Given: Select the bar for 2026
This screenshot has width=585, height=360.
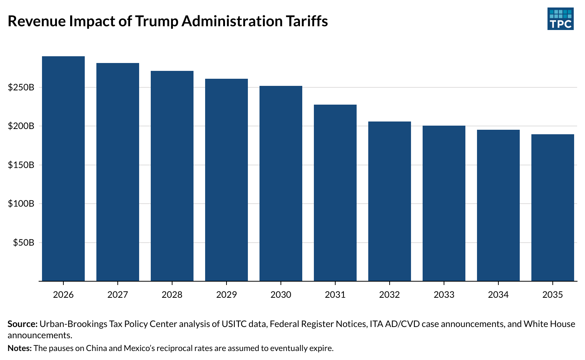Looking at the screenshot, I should pyautogui.click(x=63, y=169).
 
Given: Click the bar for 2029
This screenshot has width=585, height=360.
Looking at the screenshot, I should pyautogui.click(x=226, y=180).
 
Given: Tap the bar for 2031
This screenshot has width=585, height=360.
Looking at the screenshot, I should pyautogui.click(x=335, y=193).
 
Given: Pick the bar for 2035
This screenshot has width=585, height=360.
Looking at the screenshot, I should pyautogui.click(x=553, y=208).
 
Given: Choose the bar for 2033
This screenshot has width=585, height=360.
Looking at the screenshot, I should pyautogui.click(x=444, y=203).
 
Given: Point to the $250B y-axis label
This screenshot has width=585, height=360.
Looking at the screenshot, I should pyautogui.click(x=21, y=87).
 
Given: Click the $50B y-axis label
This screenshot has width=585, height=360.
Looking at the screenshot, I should pyautogui.click(x=24, y=243).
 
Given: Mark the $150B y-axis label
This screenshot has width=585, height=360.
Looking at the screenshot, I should pyautogui.click(x=21, y=165).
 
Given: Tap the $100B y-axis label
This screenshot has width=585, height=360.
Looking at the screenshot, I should pyautogui.click(x=21, y=204).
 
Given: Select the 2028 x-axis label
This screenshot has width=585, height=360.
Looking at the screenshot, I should pyautogui.click(x=172, y=295).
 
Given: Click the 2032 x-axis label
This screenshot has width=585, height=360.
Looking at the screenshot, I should pyautogui.click(x=390, y=295).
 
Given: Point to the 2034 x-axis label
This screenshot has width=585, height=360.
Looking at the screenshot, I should pyautogui.click(x=498, y=295).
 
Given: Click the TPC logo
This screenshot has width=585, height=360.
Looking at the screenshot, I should pyautogui.click(x=560, y=19).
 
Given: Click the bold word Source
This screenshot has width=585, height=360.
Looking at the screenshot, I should pyautogui.click(x=22, y=324).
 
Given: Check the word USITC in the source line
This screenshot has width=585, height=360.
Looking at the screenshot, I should pyautogui.click(x=234, y=324).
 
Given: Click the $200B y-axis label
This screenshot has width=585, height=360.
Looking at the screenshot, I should pyautogui.click(x=21, y=126).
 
